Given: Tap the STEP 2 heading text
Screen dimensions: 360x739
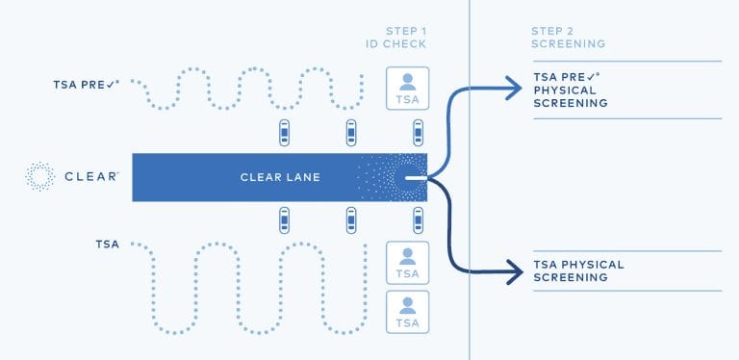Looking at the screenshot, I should pyautogui.click(x=552, y=31).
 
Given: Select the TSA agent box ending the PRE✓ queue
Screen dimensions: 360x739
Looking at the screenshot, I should pyautogui.click(x=407, y=88).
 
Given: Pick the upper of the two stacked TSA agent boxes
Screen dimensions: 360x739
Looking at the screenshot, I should pyautogui.click(x=407, y=263).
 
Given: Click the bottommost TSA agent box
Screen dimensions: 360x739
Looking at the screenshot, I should pyautogui.click(x=407, y=312).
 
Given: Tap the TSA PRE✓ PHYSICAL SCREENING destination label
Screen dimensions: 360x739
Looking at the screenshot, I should pyautogui.click(x=572, y=90).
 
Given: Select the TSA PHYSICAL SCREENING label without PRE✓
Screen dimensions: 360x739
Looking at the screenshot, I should pyautogui.click(x=578, y=270).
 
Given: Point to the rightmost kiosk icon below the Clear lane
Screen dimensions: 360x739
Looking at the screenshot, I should pyautogui.click(x=419, y=221).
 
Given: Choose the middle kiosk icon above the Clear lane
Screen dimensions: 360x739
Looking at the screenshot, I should pyautogui.click(x=352, y=133).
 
